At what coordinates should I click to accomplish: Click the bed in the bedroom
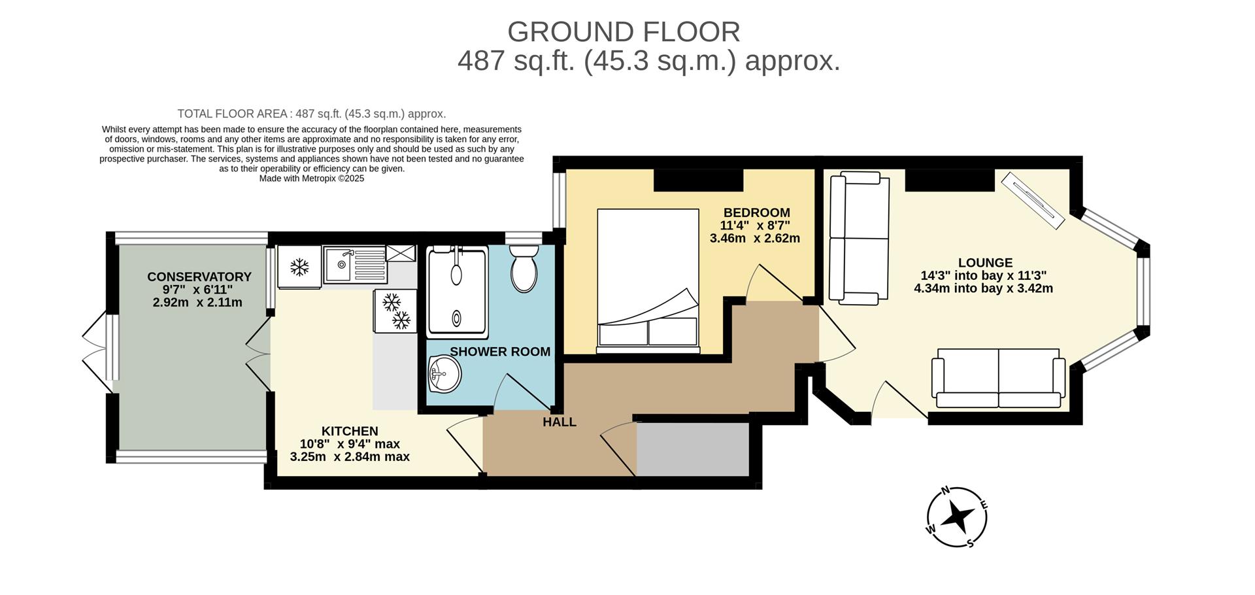(x=648, y=280)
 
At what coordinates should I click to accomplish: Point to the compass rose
(x=957, y=517)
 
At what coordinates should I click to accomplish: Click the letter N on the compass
(x=945, y=491)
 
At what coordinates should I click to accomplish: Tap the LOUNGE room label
(x=985, y=263)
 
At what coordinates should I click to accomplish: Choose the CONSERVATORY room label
(x=199, y=277)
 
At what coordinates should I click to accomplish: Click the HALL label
(x=560, y=422)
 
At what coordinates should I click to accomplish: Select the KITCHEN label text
(x=350, y=431)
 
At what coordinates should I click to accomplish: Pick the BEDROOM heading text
(x=756, y=212)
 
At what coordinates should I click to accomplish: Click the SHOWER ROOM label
(x=500, y=352)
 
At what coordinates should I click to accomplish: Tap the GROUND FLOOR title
(x=624, y=32)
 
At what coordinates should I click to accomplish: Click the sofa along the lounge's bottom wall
(x=998, y=379)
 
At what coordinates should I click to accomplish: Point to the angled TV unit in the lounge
(x=1032, y=199)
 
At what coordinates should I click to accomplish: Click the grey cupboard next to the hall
(x=693, y=449)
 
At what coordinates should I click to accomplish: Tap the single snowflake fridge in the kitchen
(x=299, y=267)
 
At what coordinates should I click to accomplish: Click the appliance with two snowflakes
(x=395, y=311)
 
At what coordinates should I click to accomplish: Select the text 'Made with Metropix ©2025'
(x=312, y=178)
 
